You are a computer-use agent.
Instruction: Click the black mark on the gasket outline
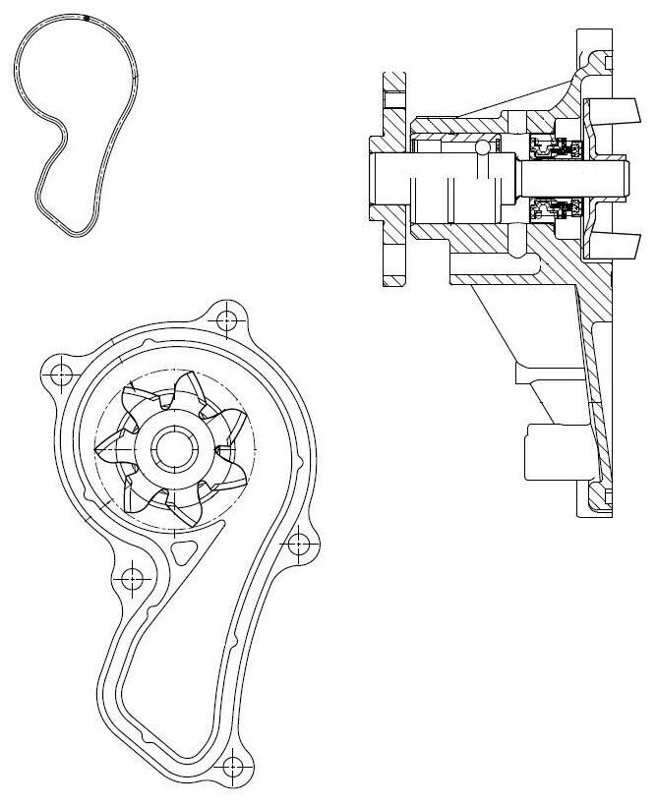point(87,18)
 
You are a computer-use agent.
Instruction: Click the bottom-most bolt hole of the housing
point(232,766)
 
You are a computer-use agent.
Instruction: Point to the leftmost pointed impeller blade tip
point(96,451)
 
